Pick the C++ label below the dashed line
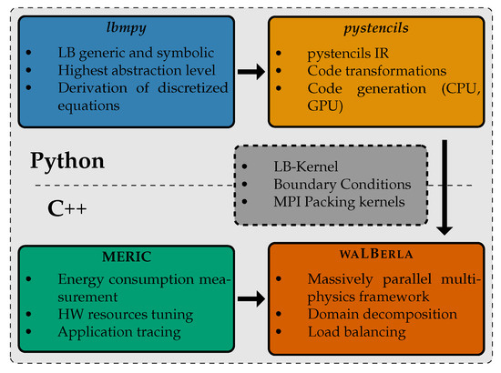pos(67,207)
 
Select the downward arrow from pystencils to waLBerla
pos(446,182)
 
